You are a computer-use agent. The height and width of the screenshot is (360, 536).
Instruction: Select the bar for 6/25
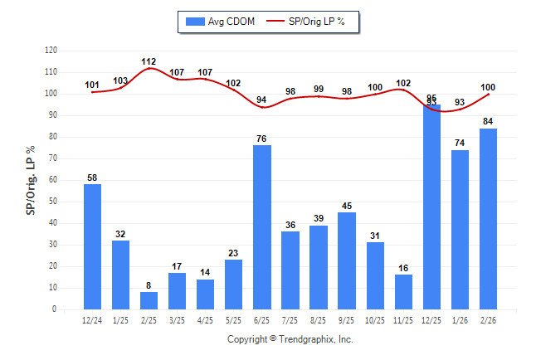[x=262, y=227]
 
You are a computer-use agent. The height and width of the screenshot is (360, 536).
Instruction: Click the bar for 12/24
[x=93, y=246]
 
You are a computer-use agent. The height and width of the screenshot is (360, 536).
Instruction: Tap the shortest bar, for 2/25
[x=149, y=300]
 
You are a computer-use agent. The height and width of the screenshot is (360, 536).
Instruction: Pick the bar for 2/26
[x=488, y=219]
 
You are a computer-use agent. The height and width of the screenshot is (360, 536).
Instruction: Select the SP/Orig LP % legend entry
[x=311, y=21]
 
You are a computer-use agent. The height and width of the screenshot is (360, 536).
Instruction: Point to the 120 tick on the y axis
[x=51, y=51]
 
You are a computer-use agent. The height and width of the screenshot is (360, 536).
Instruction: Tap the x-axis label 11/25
[x=403, y=319]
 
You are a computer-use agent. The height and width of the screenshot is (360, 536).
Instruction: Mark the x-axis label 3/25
[x=178, y=319]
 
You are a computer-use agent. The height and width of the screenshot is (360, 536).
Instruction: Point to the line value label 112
[x=149, y=61]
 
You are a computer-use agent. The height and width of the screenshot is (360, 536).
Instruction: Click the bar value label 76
[x=262, y=139]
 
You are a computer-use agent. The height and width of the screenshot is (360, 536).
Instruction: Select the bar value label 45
[x=347, y=206]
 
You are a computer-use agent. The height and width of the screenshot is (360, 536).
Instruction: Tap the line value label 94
[x=262, y=100]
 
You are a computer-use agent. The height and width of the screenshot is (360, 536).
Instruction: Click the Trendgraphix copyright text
[x=290, y=339]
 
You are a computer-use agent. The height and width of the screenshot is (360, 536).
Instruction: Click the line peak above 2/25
[x=149, y=68]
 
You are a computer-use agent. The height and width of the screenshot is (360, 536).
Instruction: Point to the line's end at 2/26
[x=488, y=94]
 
